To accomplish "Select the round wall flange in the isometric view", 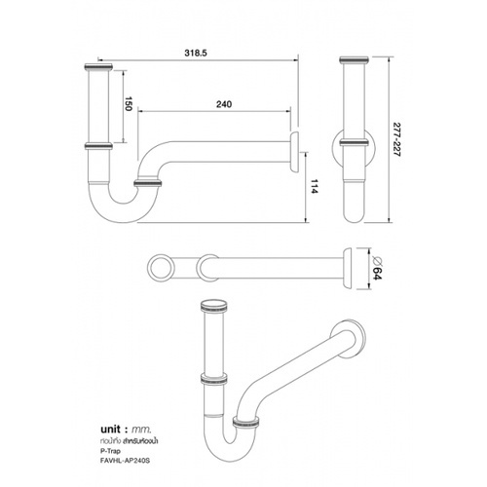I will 353,340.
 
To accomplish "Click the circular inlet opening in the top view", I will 160,264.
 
